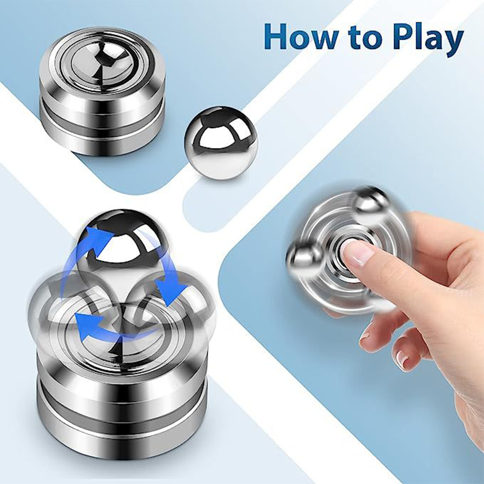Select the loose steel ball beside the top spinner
221,143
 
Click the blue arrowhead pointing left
87,325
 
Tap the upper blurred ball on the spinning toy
370,201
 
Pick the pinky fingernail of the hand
402,359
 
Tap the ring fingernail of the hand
366,335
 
